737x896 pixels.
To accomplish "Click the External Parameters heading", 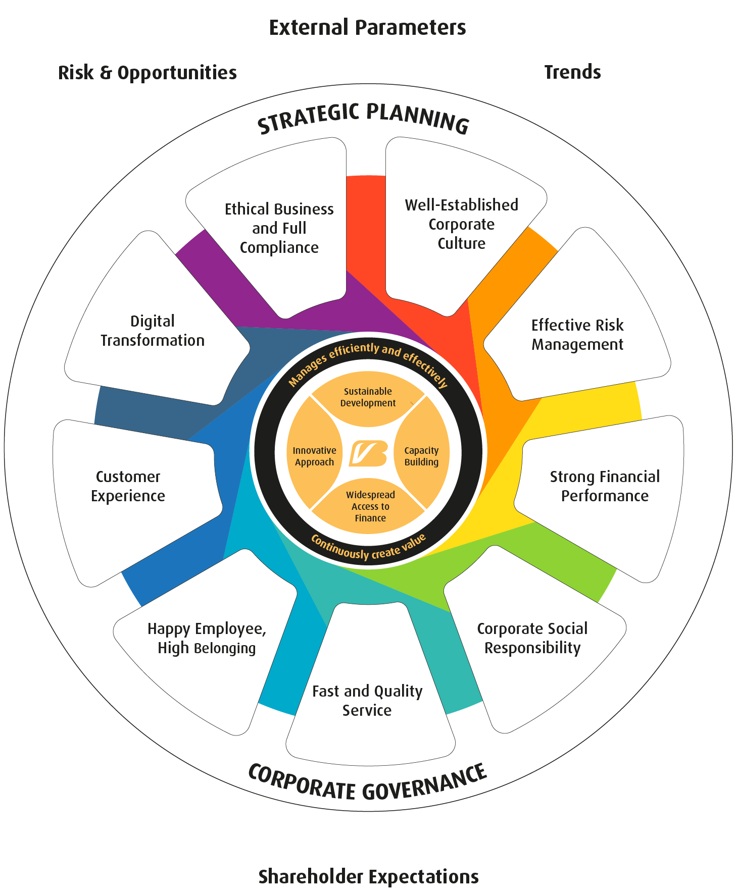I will click(x=367, y=28).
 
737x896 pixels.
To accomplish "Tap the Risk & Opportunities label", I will click(x=147, y=73).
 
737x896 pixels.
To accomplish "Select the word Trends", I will click(x=572, y=72).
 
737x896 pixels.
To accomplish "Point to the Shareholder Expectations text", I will click(x=368, y=877).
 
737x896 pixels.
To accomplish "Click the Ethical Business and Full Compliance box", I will click(x=279, y=228).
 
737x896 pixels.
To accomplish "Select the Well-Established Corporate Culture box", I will click(x=461, y=224).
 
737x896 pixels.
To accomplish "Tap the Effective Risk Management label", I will click(x=577, y=335).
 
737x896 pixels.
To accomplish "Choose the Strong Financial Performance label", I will click(x=605, y=486).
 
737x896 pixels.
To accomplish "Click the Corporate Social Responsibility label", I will click(x=532, y=638).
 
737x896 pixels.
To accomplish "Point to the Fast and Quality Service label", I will click(x=367, y=700).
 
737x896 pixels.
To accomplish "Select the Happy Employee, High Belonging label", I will click(x=207, y=638).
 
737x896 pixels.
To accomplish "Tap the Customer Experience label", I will click(x=128, y=486).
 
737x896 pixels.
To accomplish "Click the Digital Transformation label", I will click(x=153, y=331).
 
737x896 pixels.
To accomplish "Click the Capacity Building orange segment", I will click(x=422, y=456).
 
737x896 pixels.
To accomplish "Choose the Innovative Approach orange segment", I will click(x=314, y=456).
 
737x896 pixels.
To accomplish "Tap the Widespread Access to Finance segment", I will click(x=370, y=506).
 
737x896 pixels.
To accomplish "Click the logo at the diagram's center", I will click(x=368, y=453).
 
